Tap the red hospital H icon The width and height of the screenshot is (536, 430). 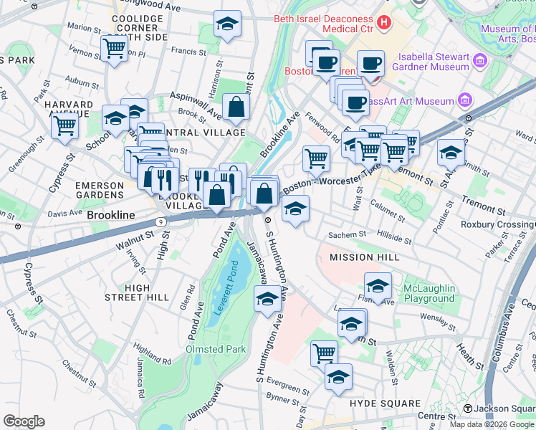384,23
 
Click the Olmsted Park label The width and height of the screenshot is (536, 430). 216,349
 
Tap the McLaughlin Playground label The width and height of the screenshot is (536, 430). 429,293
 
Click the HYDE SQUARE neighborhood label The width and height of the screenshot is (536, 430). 383,403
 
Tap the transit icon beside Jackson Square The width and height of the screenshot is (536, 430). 468,408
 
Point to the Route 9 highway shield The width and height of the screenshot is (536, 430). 161,222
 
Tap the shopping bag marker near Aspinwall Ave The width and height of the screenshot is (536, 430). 236,107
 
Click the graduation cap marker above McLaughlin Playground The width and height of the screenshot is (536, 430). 378,285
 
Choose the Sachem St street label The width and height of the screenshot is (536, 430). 347,234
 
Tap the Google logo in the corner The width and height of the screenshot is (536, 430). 24,421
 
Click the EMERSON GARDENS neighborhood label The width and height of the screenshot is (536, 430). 100,190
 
